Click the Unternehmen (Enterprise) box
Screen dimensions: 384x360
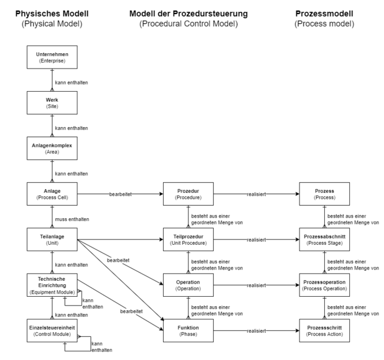(x=52, y=57)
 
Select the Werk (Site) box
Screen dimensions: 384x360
(x=52, y=103)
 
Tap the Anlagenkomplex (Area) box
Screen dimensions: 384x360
(x=52, y=148)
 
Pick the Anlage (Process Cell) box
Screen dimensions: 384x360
(x=52, y=194)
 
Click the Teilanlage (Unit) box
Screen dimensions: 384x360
(x=52, y=239)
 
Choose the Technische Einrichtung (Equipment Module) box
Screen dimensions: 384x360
(x=52, y=285)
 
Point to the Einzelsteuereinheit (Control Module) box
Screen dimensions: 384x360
(x=52, y=330)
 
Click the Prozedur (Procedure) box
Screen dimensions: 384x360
(x=188, y=194)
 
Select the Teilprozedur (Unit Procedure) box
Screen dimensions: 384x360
(x=188, y=239)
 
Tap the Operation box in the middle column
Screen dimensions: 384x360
(x=188, y=285)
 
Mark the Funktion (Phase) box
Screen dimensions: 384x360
(x=188, y=330)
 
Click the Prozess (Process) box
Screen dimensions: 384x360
(x=324, y=194)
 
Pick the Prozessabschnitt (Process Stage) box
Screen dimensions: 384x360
(x=324, y=239)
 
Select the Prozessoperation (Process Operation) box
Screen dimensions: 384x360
(x=324, y=285)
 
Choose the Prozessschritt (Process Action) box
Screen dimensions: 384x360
(x=324, y=330)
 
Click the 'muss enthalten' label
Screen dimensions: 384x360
(x=72, y=219)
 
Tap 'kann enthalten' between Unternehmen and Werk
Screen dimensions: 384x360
(x=71, y=83)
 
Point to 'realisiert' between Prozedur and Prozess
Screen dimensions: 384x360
(x=256, y=194)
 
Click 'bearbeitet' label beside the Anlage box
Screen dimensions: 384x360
(x=121, y=194)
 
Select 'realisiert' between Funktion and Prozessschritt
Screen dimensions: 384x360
(x=256, y=331)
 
